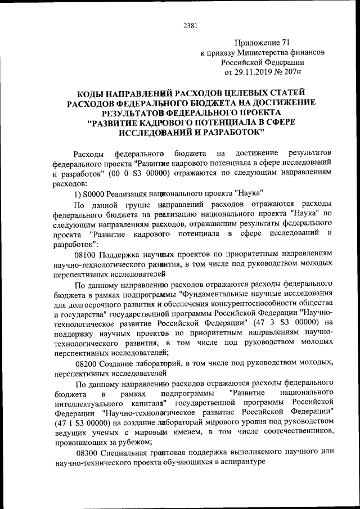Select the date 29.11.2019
pyautogui.click(x=259, y=73)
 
